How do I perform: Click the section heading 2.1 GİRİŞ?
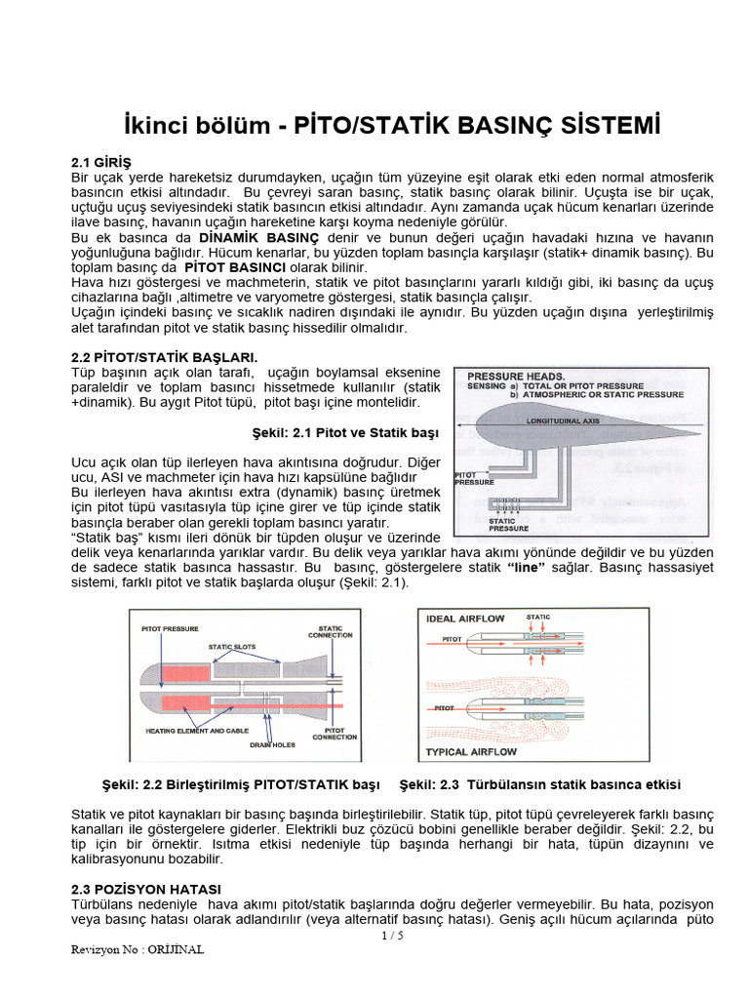pos(101,161)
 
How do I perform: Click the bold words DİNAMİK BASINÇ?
pos(258,238)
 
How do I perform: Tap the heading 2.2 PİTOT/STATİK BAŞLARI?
pos(165,357)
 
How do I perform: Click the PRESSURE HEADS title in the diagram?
pos(516,376)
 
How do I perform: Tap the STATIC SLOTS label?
pos(233,646)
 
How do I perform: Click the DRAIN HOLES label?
pos(272,744)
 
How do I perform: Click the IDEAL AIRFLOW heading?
pos(465,618)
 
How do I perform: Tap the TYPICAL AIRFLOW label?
pos(473,752)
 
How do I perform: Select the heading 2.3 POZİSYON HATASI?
pos(146,889)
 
